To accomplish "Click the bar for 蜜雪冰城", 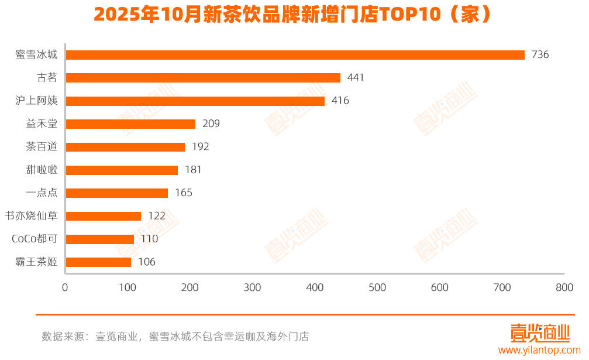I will tap(295, 55).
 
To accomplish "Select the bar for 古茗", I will tap(203, 78).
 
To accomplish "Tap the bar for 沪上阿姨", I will tap(195, 101).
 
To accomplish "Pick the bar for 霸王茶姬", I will tap(98, 262).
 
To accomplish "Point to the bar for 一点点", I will tap(117, 193).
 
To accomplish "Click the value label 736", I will tap(540, 55).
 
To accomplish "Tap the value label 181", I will tap(193, 170).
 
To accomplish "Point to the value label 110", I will tap(149, 239).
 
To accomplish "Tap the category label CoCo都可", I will tap(35, 239).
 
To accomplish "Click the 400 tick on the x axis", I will tap(315, 288).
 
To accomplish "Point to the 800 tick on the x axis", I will tap(564, 288).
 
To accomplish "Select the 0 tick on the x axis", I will tap(65, 288).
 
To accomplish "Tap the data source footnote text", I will tap(175, 337).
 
